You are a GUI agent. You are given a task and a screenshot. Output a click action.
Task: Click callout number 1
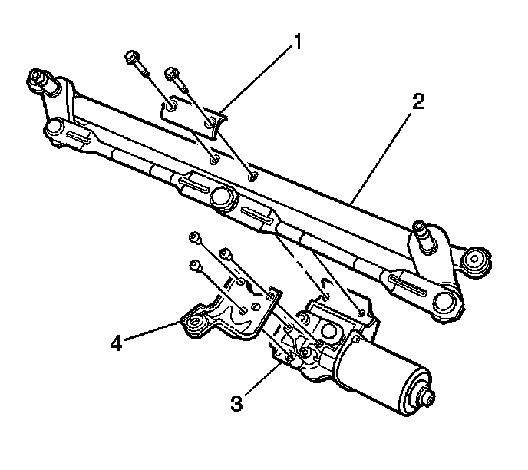[294, 42]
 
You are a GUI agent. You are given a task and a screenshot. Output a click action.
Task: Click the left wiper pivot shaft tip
[35, 78]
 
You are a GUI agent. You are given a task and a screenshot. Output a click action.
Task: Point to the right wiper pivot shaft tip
[420, 227]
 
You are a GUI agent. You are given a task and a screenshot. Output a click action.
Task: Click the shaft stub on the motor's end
[428, 399]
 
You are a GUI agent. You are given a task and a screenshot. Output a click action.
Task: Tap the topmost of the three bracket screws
[196, 238]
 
